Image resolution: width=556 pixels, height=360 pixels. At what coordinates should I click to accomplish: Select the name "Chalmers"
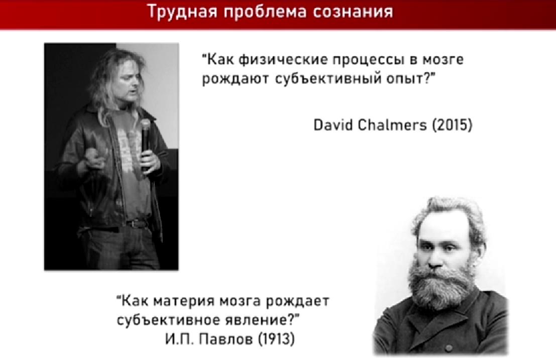(392, 125)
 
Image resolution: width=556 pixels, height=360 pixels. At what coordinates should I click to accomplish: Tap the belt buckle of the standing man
(136, 224)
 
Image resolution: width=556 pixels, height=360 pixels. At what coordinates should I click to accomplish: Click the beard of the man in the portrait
(441, 285)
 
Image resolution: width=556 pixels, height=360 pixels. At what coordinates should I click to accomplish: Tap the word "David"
(333, 125)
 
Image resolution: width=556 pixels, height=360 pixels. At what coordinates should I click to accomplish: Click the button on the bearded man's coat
(448, 348)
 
